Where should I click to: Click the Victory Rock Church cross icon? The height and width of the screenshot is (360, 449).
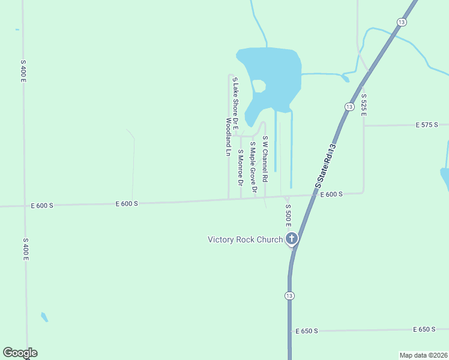[x=292, y=239]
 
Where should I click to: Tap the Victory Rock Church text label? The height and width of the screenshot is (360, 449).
[x=245, y=239]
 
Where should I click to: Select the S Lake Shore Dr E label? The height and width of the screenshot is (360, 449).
[x=235, y=104]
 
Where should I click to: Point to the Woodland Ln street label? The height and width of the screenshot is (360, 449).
[x=228, y=137]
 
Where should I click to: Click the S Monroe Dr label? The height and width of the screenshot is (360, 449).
[x=240, y=167]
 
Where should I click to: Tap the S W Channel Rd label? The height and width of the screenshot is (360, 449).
[x=265, y=159]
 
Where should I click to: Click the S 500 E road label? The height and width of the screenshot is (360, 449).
[x=288, y=214]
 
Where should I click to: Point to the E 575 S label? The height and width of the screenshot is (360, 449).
[x=427, y=125]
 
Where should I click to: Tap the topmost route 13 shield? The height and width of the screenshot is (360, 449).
[x=400, y=22]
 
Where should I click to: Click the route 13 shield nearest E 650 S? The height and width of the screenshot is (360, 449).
[x=290, y=296]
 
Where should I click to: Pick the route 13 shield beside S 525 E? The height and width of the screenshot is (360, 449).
[x=349, y=106]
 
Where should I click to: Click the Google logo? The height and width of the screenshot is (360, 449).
[x=20, y=353]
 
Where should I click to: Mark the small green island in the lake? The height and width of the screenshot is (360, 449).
[x=259, y=86]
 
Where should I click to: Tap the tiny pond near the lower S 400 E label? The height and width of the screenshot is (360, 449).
[x=44, y=316]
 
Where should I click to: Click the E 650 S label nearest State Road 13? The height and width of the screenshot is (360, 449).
[x=307, y=331]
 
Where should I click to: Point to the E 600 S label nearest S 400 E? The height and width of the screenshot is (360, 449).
[x=42, y=205]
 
